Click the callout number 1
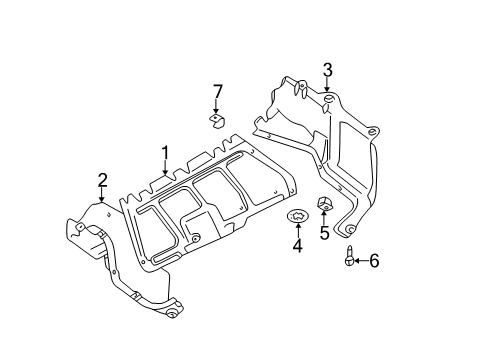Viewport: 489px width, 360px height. (165, 153)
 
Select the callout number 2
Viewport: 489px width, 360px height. (102, 180)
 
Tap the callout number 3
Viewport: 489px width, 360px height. (328, 70)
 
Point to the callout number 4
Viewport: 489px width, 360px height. (298, 245)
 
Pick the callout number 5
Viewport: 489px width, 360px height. (324, 233)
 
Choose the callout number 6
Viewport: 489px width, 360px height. (374, 260)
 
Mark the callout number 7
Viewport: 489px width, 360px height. (217, 92)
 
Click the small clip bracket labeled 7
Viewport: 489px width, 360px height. (217, 121)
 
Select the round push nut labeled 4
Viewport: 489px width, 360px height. (297, 216)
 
